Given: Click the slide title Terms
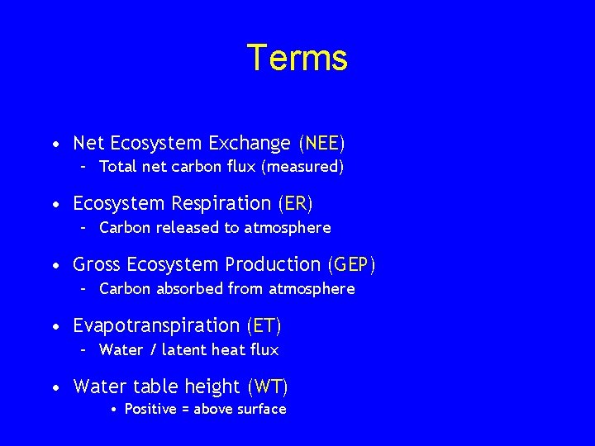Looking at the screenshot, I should pos(297,58).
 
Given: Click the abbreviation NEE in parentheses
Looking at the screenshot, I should pos(321,143).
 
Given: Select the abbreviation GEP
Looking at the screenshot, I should pos(352,264).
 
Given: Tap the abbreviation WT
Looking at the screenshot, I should pos(267,386).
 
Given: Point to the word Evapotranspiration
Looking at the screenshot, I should pos(156,325).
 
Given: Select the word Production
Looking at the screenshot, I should pos(274,264).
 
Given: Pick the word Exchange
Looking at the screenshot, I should pos(249,143).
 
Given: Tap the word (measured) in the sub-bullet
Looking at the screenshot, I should pos(302,167).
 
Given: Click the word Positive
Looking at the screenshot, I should pos(151,410).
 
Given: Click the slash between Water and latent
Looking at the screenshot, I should pos(153,349).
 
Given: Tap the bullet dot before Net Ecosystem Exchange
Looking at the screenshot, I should pos(55,145).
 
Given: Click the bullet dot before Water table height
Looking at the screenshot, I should pos(55,387).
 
